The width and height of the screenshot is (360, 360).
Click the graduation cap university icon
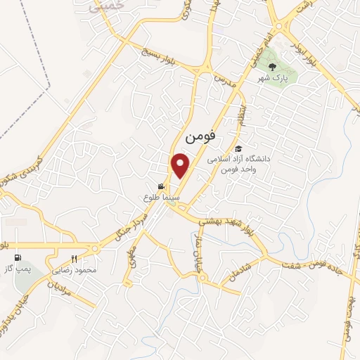[x=239, y=149]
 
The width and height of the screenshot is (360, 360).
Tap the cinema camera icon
[x=162, y=187]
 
